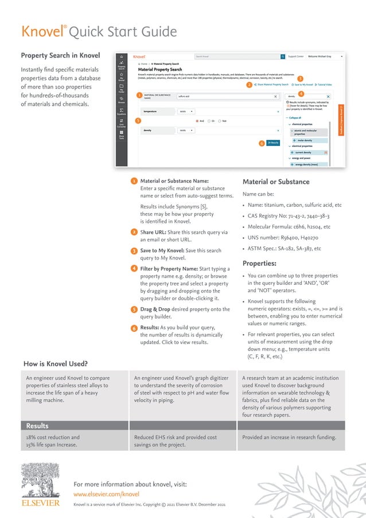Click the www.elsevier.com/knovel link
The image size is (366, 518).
(106, 493)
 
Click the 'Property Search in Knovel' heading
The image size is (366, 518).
(60, 56)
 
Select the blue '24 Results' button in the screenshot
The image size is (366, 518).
(272, 142)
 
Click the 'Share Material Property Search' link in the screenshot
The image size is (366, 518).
(271, 84)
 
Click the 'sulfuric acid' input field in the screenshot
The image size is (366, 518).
(227, 96)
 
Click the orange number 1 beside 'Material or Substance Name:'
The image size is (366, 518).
(134, 181)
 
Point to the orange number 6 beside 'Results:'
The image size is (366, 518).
(134, 328)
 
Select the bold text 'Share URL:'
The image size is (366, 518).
(154, 232)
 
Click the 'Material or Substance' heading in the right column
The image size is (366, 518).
(276, 182)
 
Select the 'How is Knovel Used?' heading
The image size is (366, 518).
(55, 364)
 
